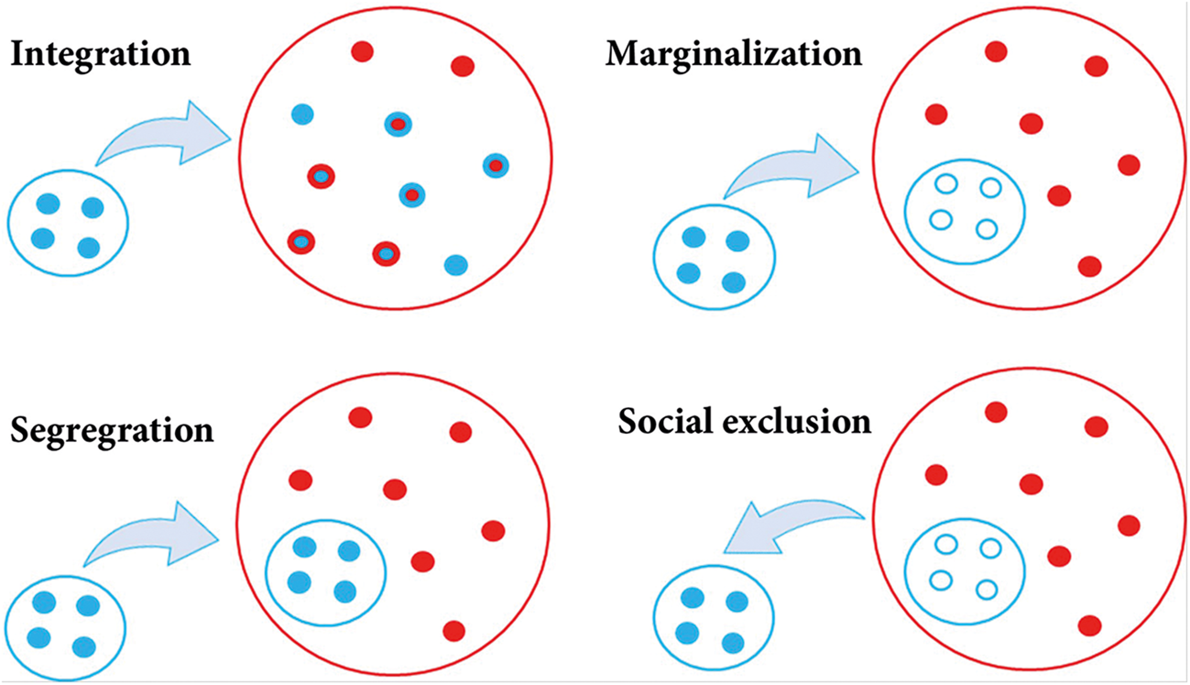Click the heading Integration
pos(100,53)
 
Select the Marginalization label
pos(734,53)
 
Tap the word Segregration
pos(112,429)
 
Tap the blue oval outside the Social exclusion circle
pos(712,614)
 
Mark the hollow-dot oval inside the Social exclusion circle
pos(965,568)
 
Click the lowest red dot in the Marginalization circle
pos(1089,267)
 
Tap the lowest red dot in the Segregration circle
pos(453,631)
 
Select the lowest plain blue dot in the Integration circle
pos(455,265)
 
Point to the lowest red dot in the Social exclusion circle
pos(1089,625)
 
